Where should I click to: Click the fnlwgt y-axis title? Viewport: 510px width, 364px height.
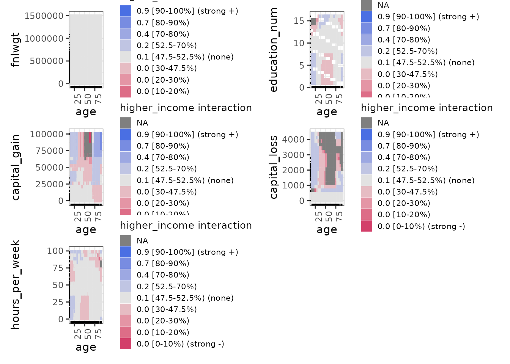pos(15,50)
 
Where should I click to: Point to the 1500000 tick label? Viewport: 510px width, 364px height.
pos(44,16)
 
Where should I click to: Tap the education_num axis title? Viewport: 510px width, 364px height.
pos(274,50)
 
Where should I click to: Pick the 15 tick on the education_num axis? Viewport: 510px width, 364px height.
pos(299,21)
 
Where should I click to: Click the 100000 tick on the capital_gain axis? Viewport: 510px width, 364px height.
pos(47,134)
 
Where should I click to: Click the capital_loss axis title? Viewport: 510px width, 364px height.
pos(274,167)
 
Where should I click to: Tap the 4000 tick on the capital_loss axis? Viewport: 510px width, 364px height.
pos(293,140)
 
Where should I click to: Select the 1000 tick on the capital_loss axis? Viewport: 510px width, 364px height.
pos(293,185)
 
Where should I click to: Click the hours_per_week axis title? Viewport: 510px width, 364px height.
pos(15,285)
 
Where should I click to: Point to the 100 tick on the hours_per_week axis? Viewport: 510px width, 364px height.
pos(55,251)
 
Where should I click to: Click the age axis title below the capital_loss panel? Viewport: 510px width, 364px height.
pos(327,230)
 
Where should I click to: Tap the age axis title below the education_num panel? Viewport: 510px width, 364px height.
pos(327,112)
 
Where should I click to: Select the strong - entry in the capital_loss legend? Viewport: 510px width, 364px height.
pos(421,226)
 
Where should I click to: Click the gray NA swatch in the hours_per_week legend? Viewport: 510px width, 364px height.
pos(126,240)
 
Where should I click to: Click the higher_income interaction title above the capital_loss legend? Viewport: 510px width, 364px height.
pos(427,108)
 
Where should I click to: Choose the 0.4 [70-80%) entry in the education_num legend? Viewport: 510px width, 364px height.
pos(404,40)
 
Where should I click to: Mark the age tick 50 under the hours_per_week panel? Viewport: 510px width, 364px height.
pos(88,334)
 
